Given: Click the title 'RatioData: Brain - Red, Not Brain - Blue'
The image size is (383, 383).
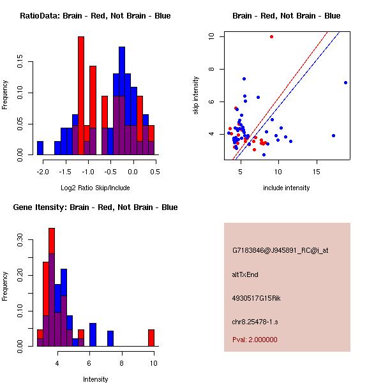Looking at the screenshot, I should pos(95,16).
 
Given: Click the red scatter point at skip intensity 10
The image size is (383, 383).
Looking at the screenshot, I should pos(271,36).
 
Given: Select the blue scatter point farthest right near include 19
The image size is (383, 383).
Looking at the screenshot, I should pos(345,82).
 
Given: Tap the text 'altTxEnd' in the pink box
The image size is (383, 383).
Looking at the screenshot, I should pos(245,274).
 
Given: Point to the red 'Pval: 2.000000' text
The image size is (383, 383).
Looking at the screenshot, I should pos(255,340).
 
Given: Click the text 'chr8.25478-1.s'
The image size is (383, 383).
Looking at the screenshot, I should pos(255,320).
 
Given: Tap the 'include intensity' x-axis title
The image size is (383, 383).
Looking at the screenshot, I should pos(286,188).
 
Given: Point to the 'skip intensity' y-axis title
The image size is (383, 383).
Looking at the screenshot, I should pos(197,96).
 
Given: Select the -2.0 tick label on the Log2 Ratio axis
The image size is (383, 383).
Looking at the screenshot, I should pos(40,172).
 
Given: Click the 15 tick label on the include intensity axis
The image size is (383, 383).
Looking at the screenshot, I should pos(317,172).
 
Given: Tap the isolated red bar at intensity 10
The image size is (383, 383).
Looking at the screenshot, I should pos(151,338).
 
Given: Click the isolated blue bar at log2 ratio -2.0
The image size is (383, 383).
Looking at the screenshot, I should pos(40,148).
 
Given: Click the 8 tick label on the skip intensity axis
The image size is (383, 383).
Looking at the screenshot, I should pos(211,69).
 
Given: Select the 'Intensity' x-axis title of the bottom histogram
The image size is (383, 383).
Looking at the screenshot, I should pos(96,379).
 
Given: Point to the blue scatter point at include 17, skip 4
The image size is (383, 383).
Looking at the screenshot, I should pos(333,135).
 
